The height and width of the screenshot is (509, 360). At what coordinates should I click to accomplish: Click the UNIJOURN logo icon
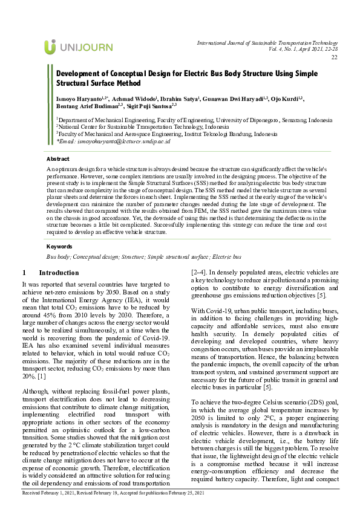tap(50, 47)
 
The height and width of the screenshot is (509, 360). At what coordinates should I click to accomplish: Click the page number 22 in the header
tap(334, 57)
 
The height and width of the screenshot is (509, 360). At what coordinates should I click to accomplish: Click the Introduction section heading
tap(58, 273)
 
